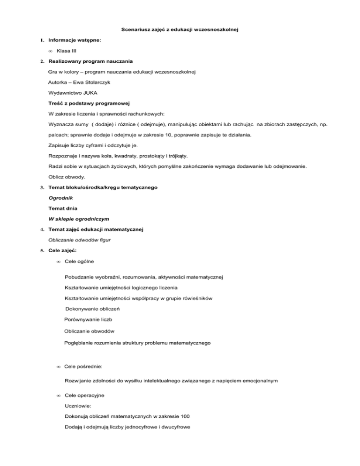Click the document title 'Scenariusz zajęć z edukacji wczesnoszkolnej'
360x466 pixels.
pyautogui.click(x=180, y=30)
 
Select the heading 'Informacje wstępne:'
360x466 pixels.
pyautogui.click(x=75, y=41)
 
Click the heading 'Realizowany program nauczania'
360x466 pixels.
pyautogui.click(x=90, y=61)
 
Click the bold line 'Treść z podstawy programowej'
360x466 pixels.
pyautogui.click(x=89, y=103)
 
